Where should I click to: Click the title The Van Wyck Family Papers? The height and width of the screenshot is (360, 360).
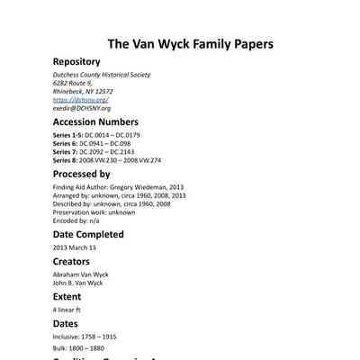(x=190, y=44)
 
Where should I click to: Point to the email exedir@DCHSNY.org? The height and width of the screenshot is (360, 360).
(x=82, y=107)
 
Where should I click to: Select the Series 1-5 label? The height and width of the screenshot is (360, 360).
(x=68, y=134)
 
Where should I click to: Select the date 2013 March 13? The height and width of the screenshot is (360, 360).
(x=74, y=247)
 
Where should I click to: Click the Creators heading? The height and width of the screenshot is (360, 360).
(x=71, y=262)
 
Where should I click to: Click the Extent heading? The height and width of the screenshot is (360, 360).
(x=67, y=296)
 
